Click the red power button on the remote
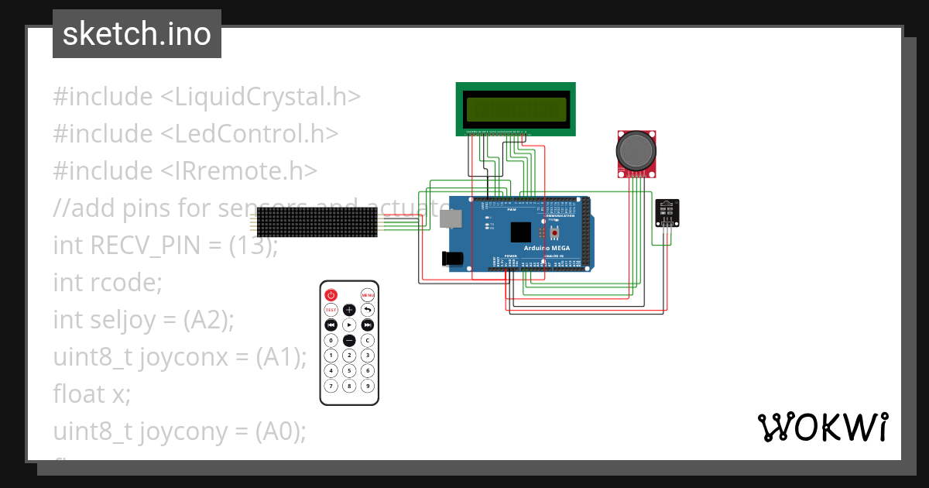click(x=331, y=295)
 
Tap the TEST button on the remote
click(x=331, y=310)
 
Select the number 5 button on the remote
click(x=349, y=370)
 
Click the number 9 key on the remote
click(x=368, y=385)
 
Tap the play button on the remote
click(x=349, y=325)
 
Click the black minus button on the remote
click(x=349, y=340)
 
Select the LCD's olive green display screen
click(x=516, y=109)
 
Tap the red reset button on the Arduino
click(x=555, y=232)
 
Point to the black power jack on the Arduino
click(x=451, y=259)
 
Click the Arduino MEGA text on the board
click(x=546, y=248)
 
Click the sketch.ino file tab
click(x=137, y=34)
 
